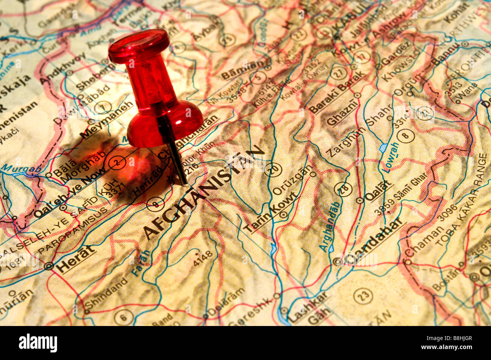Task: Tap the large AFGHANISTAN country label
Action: (x=204, y=193)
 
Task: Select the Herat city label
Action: (x=75, y=260)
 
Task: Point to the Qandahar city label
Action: (x=374, y=242)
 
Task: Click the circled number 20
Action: (x=273, y=169)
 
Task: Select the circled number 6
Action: (x=124, y=317)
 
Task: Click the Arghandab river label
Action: (x=330, y=226)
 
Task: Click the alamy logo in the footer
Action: (x=38, y=343)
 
